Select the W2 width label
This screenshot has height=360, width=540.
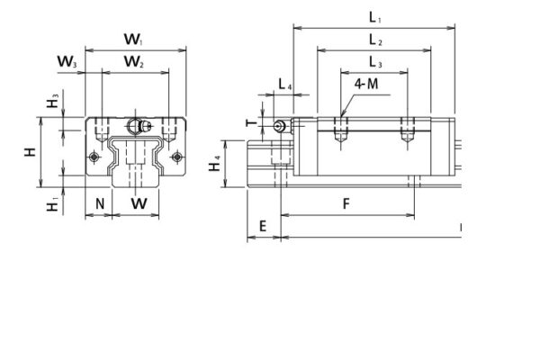[134, 62]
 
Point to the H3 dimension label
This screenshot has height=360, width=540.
[54, 103]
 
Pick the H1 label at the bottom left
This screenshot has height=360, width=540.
[54, 206]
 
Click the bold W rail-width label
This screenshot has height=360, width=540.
[138, 203]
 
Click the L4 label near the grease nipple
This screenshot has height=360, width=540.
[285, 85]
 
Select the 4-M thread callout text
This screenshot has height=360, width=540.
[366, 84]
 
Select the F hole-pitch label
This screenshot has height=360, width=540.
[347, 203]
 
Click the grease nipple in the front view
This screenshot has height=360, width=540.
[138, 124]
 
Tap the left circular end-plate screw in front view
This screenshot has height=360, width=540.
[95, 158]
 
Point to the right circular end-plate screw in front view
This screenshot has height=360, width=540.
[177, 158]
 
